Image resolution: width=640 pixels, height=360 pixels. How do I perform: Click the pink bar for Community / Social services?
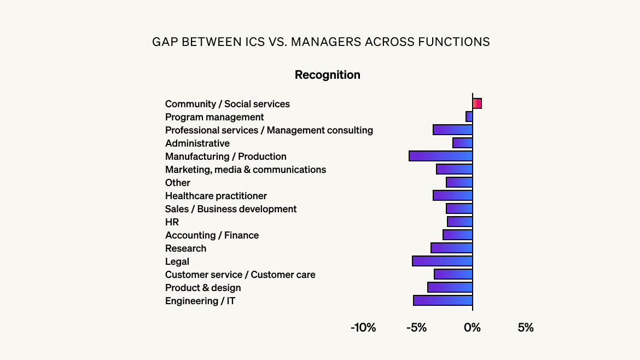coord(477,103)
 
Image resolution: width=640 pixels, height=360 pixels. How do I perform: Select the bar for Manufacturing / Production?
coord(441,156)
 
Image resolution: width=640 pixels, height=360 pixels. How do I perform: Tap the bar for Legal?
coord(443,261)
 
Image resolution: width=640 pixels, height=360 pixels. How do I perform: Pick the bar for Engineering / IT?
coord(443,300)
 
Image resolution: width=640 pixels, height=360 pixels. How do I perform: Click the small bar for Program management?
coord(469,117)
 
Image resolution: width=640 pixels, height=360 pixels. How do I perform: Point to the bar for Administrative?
coord(463,143)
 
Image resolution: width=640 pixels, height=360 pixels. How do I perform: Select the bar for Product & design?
coord(450,287)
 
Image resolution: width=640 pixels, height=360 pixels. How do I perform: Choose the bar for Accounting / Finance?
coord(458,235)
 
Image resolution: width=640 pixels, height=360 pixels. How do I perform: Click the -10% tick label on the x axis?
coord(363,328)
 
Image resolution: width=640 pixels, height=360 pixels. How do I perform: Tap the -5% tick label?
coord(416,328)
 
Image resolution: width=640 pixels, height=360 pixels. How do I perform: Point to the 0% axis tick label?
coord(472,328)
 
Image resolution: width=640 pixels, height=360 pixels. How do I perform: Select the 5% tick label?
coord(525,328)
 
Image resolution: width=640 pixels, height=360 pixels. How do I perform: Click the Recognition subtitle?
coord(327,75)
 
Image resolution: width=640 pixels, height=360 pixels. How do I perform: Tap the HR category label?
coord(172,222)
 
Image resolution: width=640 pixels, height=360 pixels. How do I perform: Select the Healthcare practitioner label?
coord(216,196)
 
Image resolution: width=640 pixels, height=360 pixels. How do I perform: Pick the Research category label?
coord(185,248)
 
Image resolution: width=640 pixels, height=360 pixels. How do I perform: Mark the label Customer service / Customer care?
coord(240,275)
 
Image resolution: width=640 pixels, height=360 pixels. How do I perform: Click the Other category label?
coord(178,183)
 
